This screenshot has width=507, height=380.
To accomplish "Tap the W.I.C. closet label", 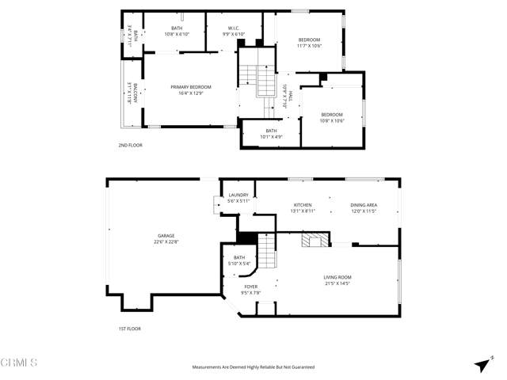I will (229, 28).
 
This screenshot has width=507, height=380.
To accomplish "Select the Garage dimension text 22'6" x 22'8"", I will (166, 241).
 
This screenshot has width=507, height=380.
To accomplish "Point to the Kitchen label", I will (303, 205).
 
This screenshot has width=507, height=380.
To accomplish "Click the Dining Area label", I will (364, 205).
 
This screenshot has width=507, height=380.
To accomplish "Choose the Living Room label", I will (337, 277).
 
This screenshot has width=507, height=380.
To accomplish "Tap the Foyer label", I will (250, 287).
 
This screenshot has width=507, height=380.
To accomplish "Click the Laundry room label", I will (238, 195).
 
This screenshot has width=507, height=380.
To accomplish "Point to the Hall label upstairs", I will (290, 97).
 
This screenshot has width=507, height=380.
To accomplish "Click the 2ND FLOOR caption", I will (130, 145).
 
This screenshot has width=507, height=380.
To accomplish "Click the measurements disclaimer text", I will (253, 367).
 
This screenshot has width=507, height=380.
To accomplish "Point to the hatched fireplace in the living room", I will (313, 240).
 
